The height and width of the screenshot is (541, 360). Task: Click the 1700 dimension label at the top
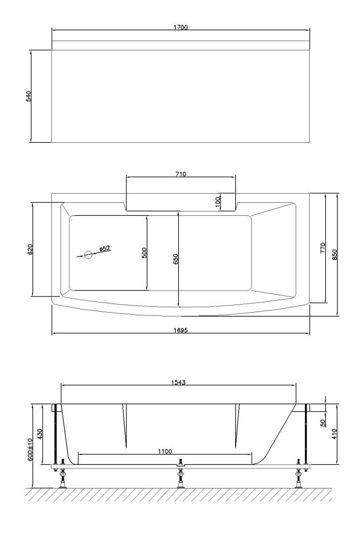181,27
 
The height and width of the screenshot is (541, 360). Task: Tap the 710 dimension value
181,174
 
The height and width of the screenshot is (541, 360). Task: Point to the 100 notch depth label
218,201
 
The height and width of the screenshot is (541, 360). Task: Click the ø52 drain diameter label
105,248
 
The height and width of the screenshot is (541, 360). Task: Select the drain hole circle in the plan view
89,254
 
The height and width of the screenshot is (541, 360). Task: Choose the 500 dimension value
144,253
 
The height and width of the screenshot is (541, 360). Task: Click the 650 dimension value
176,259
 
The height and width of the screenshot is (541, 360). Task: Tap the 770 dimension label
323,248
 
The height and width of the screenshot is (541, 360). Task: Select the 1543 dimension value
178,382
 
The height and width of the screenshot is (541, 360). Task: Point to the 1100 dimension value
165,452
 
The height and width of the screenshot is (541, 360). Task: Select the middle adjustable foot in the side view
181,477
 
